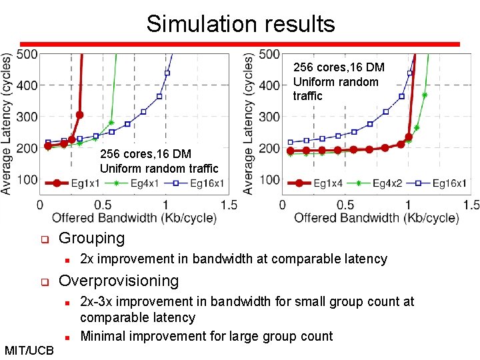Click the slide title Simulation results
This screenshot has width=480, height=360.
point(241,24)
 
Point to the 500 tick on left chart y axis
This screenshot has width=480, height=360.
point(27,54)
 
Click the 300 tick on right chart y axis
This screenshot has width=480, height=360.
point(269,117)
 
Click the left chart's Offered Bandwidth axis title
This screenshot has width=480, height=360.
point(134,217)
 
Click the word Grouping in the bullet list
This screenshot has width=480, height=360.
point(92,238)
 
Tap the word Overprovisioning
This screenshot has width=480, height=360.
point(119,281)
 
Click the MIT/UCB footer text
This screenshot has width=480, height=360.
point(29,350)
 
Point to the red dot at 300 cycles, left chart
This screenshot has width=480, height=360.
point(79,115)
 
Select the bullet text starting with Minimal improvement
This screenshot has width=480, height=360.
point(206,336)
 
